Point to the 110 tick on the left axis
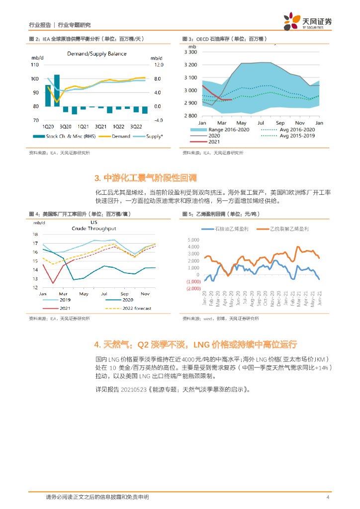pyautogui.click(x=35, y=65)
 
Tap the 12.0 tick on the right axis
pyautogui.click(x=158, y=65)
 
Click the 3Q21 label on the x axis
pyautogui.click(x=100, y=126)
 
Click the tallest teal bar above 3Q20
pyautogui.click(x=57, y=90)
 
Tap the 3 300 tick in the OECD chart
pyautogui.click(x=190, y=52)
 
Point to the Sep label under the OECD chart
pyautogui.click(x=280, y=122)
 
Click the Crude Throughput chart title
pyautogui.click(x=94, y=228)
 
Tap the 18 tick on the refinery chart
pyautogui.click(x=35, y=234)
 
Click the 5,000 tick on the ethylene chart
pyautogui.click(x=193, y=240)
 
